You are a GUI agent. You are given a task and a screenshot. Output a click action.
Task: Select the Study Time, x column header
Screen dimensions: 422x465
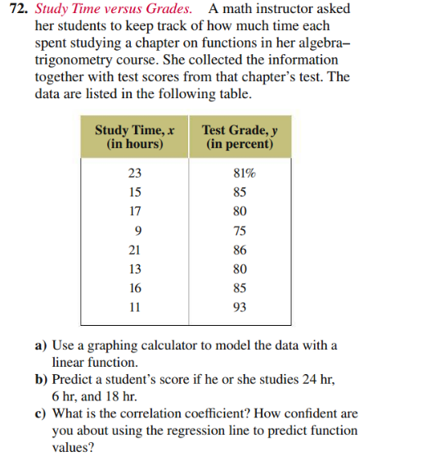pyautogui.click(x=135, y=137)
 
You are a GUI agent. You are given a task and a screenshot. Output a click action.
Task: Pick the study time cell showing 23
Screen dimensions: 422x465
pyautogui.click(x=135, y=173)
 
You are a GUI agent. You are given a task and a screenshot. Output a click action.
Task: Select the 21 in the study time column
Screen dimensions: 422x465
pyautogui.click(x=135, y=250)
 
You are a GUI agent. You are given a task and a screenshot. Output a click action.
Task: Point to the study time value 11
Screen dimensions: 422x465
pyautogui.click(x=135, y=308)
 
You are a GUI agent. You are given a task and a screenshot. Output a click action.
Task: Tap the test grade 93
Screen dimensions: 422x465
pyautogui.click(x=240, y=308)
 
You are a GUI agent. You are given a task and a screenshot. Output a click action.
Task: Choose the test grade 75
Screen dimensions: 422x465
pyautogui.click(x=240, y=230)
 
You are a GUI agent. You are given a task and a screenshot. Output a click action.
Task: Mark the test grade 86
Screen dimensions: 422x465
pyautogui.click(x=240, y=250)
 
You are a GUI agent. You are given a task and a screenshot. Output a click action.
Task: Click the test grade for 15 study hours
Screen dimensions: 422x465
pyautogui.click(x=240, y=192)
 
